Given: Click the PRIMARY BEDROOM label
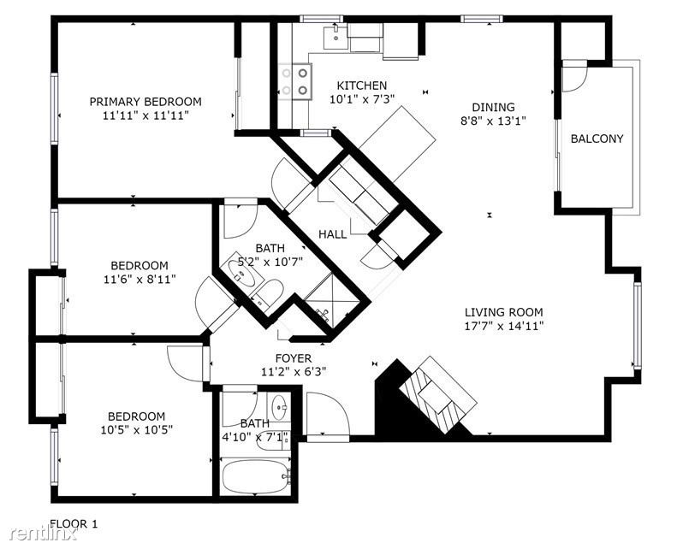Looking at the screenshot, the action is (x=145, y=102).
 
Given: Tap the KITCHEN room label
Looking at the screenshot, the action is (x=362, y=86).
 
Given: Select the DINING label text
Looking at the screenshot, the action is (x=493, y=107).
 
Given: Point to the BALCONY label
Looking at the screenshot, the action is (x=597, y=139).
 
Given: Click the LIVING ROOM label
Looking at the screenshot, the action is (x=504, y=312).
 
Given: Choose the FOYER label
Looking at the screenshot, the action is (x=294, y=358).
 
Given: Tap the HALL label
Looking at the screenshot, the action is (x=332, y=234).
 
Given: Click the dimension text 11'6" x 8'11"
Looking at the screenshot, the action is (x=140, y=280).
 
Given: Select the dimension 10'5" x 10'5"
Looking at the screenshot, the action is (x=136, y=430).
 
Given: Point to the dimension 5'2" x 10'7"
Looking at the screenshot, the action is (x=270, y=262).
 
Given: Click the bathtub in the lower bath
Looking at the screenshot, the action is (x=255, y=476).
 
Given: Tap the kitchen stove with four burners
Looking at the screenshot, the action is (x=295, y=81).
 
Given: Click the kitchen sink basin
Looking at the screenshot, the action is (x=336, y=37).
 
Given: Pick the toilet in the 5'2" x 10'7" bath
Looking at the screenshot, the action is (x=267, y=293).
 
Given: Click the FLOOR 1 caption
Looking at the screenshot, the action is (x=74, y=524).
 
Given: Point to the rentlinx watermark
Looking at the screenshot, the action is (x=44, y=534).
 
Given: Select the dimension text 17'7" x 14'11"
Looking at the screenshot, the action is (x=504, y=326).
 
